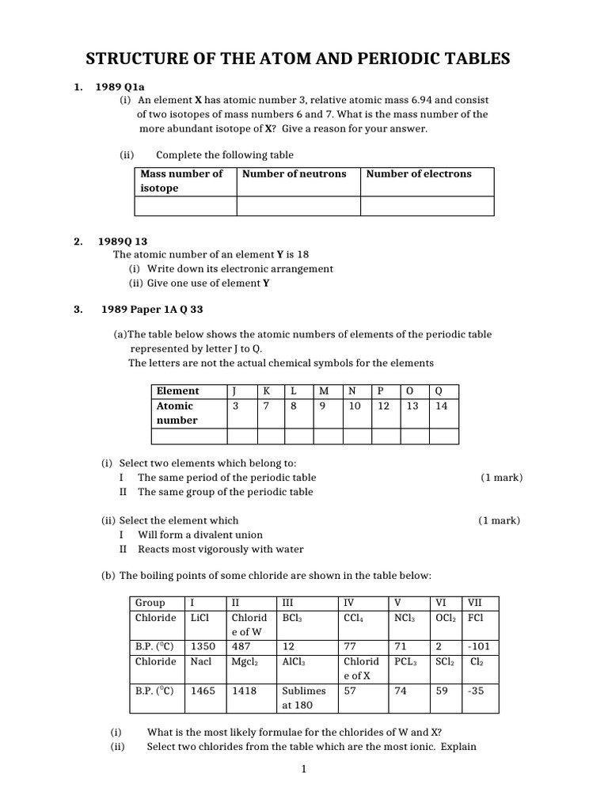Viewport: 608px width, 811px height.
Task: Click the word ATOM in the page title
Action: pos(272,59)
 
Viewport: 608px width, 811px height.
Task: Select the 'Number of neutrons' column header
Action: pos(294,173)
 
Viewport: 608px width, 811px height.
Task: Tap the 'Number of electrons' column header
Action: pos(418,173)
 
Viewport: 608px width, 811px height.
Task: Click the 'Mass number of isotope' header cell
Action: pos(182,181)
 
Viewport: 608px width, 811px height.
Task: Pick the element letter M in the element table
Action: pos(324,390)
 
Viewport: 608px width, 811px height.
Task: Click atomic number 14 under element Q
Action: pos(440,405)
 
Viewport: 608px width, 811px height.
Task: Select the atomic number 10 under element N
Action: pos(354,405)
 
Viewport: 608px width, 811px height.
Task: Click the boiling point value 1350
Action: pos(203,646)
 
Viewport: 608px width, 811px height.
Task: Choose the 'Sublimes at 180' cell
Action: pos(302,697)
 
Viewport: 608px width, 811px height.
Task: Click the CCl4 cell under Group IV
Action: pos(354,618)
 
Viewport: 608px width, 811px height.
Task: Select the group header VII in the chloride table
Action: pos(475,603)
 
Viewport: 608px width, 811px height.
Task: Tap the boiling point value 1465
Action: pos(203,691)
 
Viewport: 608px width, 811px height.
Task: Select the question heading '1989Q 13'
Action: pos(122,242)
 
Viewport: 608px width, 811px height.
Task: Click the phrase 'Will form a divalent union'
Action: pos(200,535)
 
